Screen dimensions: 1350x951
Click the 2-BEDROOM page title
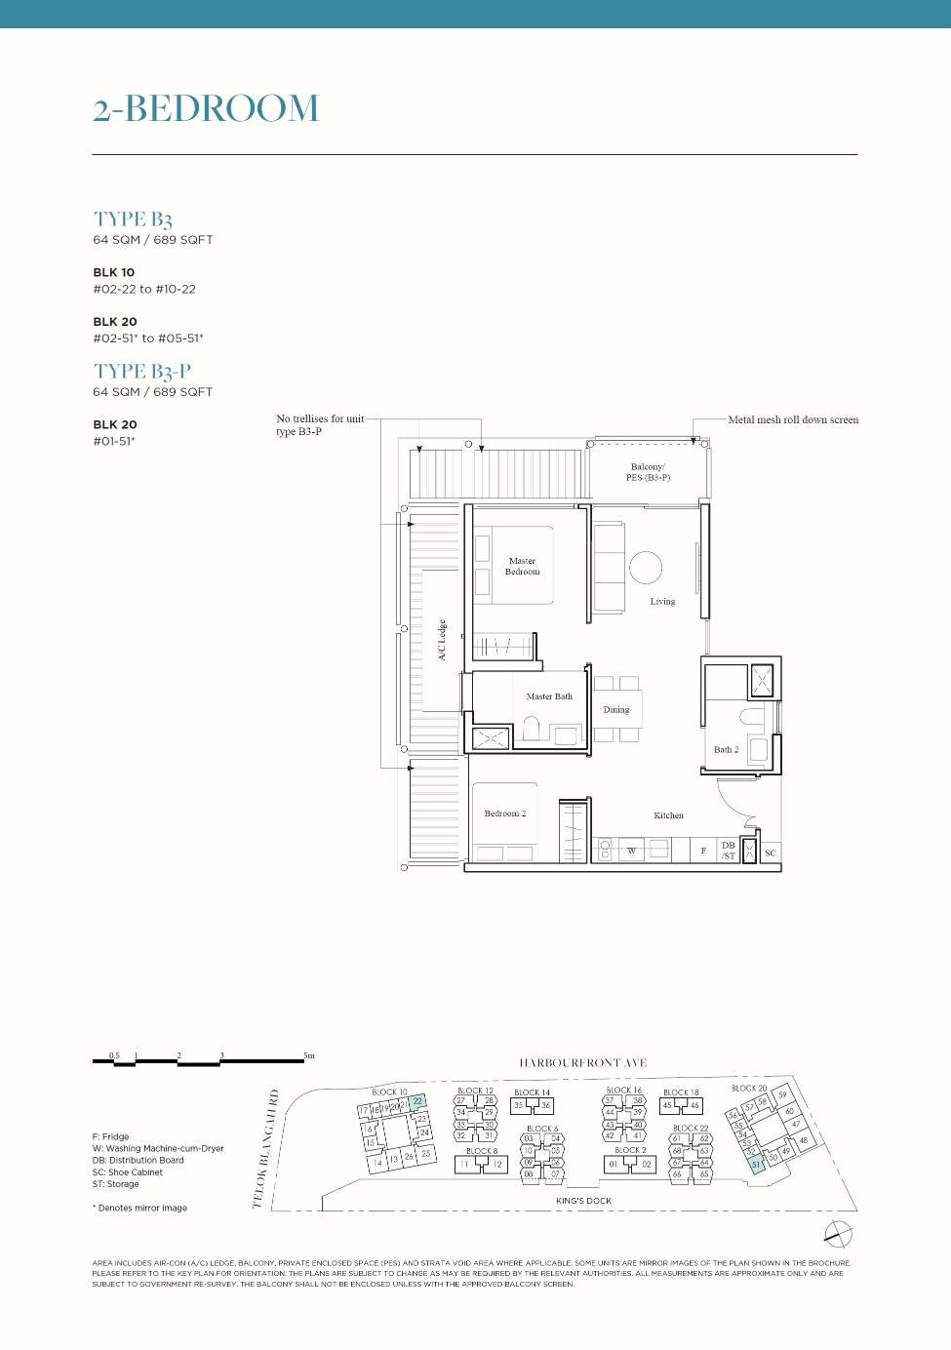pyautogui.click(x=206, y=108)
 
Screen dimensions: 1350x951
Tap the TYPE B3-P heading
pyautogui.click(x=142, y=372)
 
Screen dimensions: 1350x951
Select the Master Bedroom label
pyautogui.click(x=522, y=567)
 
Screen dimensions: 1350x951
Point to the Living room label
pyautogui.click(x=662, y=602)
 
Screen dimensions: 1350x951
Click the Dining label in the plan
pyautogui.click(x=616, y=710)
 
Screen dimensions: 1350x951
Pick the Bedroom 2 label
pyautogui.click(x=504, y=814)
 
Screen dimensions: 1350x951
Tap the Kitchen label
pyautogui.click(x=668, y=815)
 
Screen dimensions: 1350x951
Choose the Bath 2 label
pyautogui.click(x=726, y=750)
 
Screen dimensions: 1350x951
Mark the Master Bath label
pyautogui.click(x=549, y=696)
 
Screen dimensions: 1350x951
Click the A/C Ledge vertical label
pyautogui.click(x=442, y=640)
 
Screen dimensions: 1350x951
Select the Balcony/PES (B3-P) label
pyautogui.click(x=648, y=472)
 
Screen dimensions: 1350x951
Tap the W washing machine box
pyautogui.click(x=631, y=851)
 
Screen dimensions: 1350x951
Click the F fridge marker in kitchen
pyautogui.click(x=703, y=851)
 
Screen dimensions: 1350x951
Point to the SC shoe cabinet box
pyautogui.click(x=771, y=853)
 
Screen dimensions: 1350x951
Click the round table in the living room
pyautogui.click(x=646, y=567)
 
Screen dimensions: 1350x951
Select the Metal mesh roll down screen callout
pyautogui.click(x=793, y=420)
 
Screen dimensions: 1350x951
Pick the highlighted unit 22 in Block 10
pyautogui.click(x=417, y=1102)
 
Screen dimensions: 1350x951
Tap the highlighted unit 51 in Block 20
pyautogui.click(x=756, y=1165)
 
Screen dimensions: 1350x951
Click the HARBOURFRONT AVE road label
pyautogui.click(x=582, y=1063)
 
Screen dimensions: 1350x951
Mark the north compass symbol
pyautogui.click(x=838, y=1234)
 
